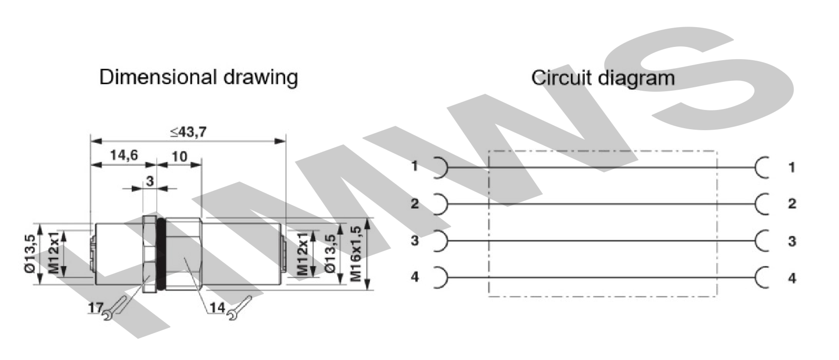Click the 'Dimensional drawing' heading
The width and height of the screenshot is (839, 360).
(x=198, y=77)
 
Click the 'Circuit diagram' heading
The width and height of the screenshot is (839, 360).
(x=602, y=78)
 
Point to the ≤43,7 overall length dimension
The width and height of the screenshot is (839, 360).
(x=188, y=132)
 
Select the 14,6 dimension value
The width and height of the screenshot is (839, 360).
(x=124, y=155)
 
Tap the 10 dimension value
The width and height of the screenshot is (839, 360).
(x=179, y=156)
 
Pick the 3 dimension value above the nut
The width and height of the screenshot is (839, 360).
(x=150, y=181)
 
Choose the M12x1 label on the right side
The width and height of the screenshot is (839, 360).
(x=303, y=254)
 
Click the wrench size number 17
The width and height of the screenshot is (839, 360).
(x=96, y=308)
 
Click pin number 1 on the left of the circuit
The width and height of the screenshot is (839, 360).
(x=415, y=166)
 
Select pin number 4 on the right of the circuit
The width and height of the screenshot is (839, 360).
(x=792, y=278)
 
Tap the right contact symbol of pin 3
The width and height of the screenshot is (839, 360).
(x=762, y=241)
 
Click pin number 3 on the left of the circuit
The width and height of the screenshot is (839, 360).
(x=415, y=241)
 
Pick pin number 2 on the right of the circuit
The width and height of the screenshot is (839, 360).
(x=792, y=204)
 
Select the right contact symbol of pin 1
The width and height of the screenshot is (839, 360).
(x=762, y=167)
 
